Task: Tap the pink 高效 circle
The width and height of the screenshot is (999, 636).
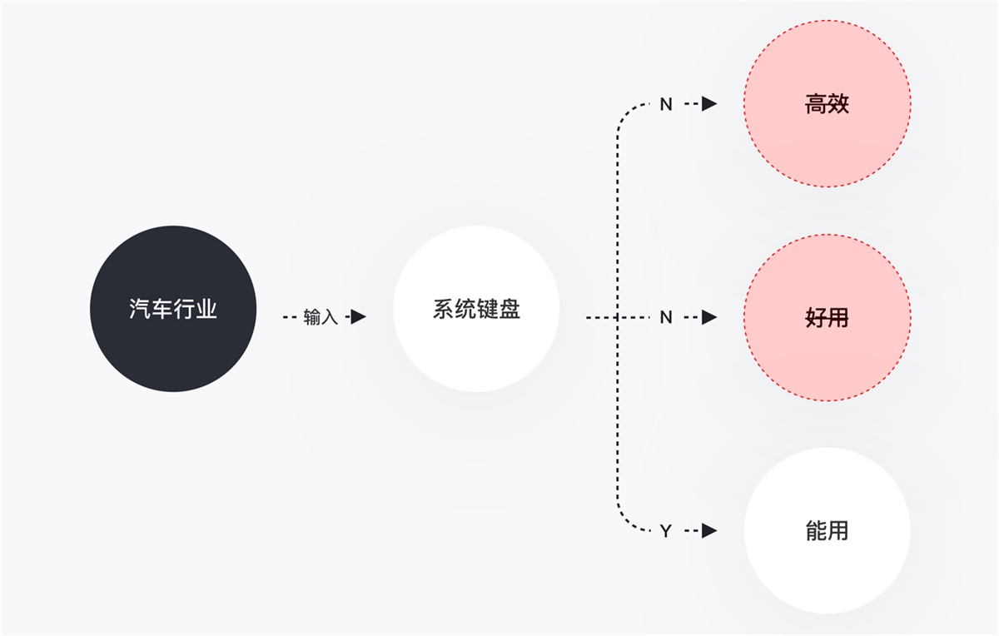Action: pos(827,104)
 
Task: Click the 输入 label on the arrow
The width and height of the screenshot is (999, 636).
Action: pos(321,317)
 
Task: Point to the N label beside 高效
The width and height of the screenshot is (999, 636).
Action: pos(665,105)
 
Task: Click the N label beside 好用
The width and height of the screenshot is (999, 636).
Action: pos(665,317)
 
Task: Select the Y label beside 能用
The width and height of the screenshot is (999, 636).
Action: pos(665,531)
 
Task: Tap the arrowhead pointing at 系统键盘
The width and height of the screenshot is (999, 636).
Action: pos(357,317)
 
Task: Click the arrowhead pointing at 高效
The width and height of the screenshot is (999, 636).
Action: pos(708,104)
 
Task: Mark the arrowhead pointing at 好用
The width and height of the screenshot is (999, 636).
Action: pos(708,317)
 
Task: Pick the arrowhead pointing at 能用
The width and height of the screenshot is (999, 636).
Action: pos(708,530)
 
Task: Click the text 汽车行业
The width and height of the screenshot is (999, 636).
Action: pos(172,310)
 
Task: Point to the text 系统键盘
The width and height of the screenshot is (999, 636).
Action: pos(476,310)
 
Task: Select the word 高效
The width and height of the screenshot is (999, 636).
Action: pos(827,105)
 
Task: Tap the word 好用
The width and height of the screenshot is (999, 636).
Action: pos(827,317)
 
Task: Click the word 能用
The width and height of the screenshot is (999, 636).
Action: pos(827,530)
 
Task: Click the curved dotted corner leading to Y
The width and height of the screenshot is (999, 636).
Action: pos(624,522)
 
